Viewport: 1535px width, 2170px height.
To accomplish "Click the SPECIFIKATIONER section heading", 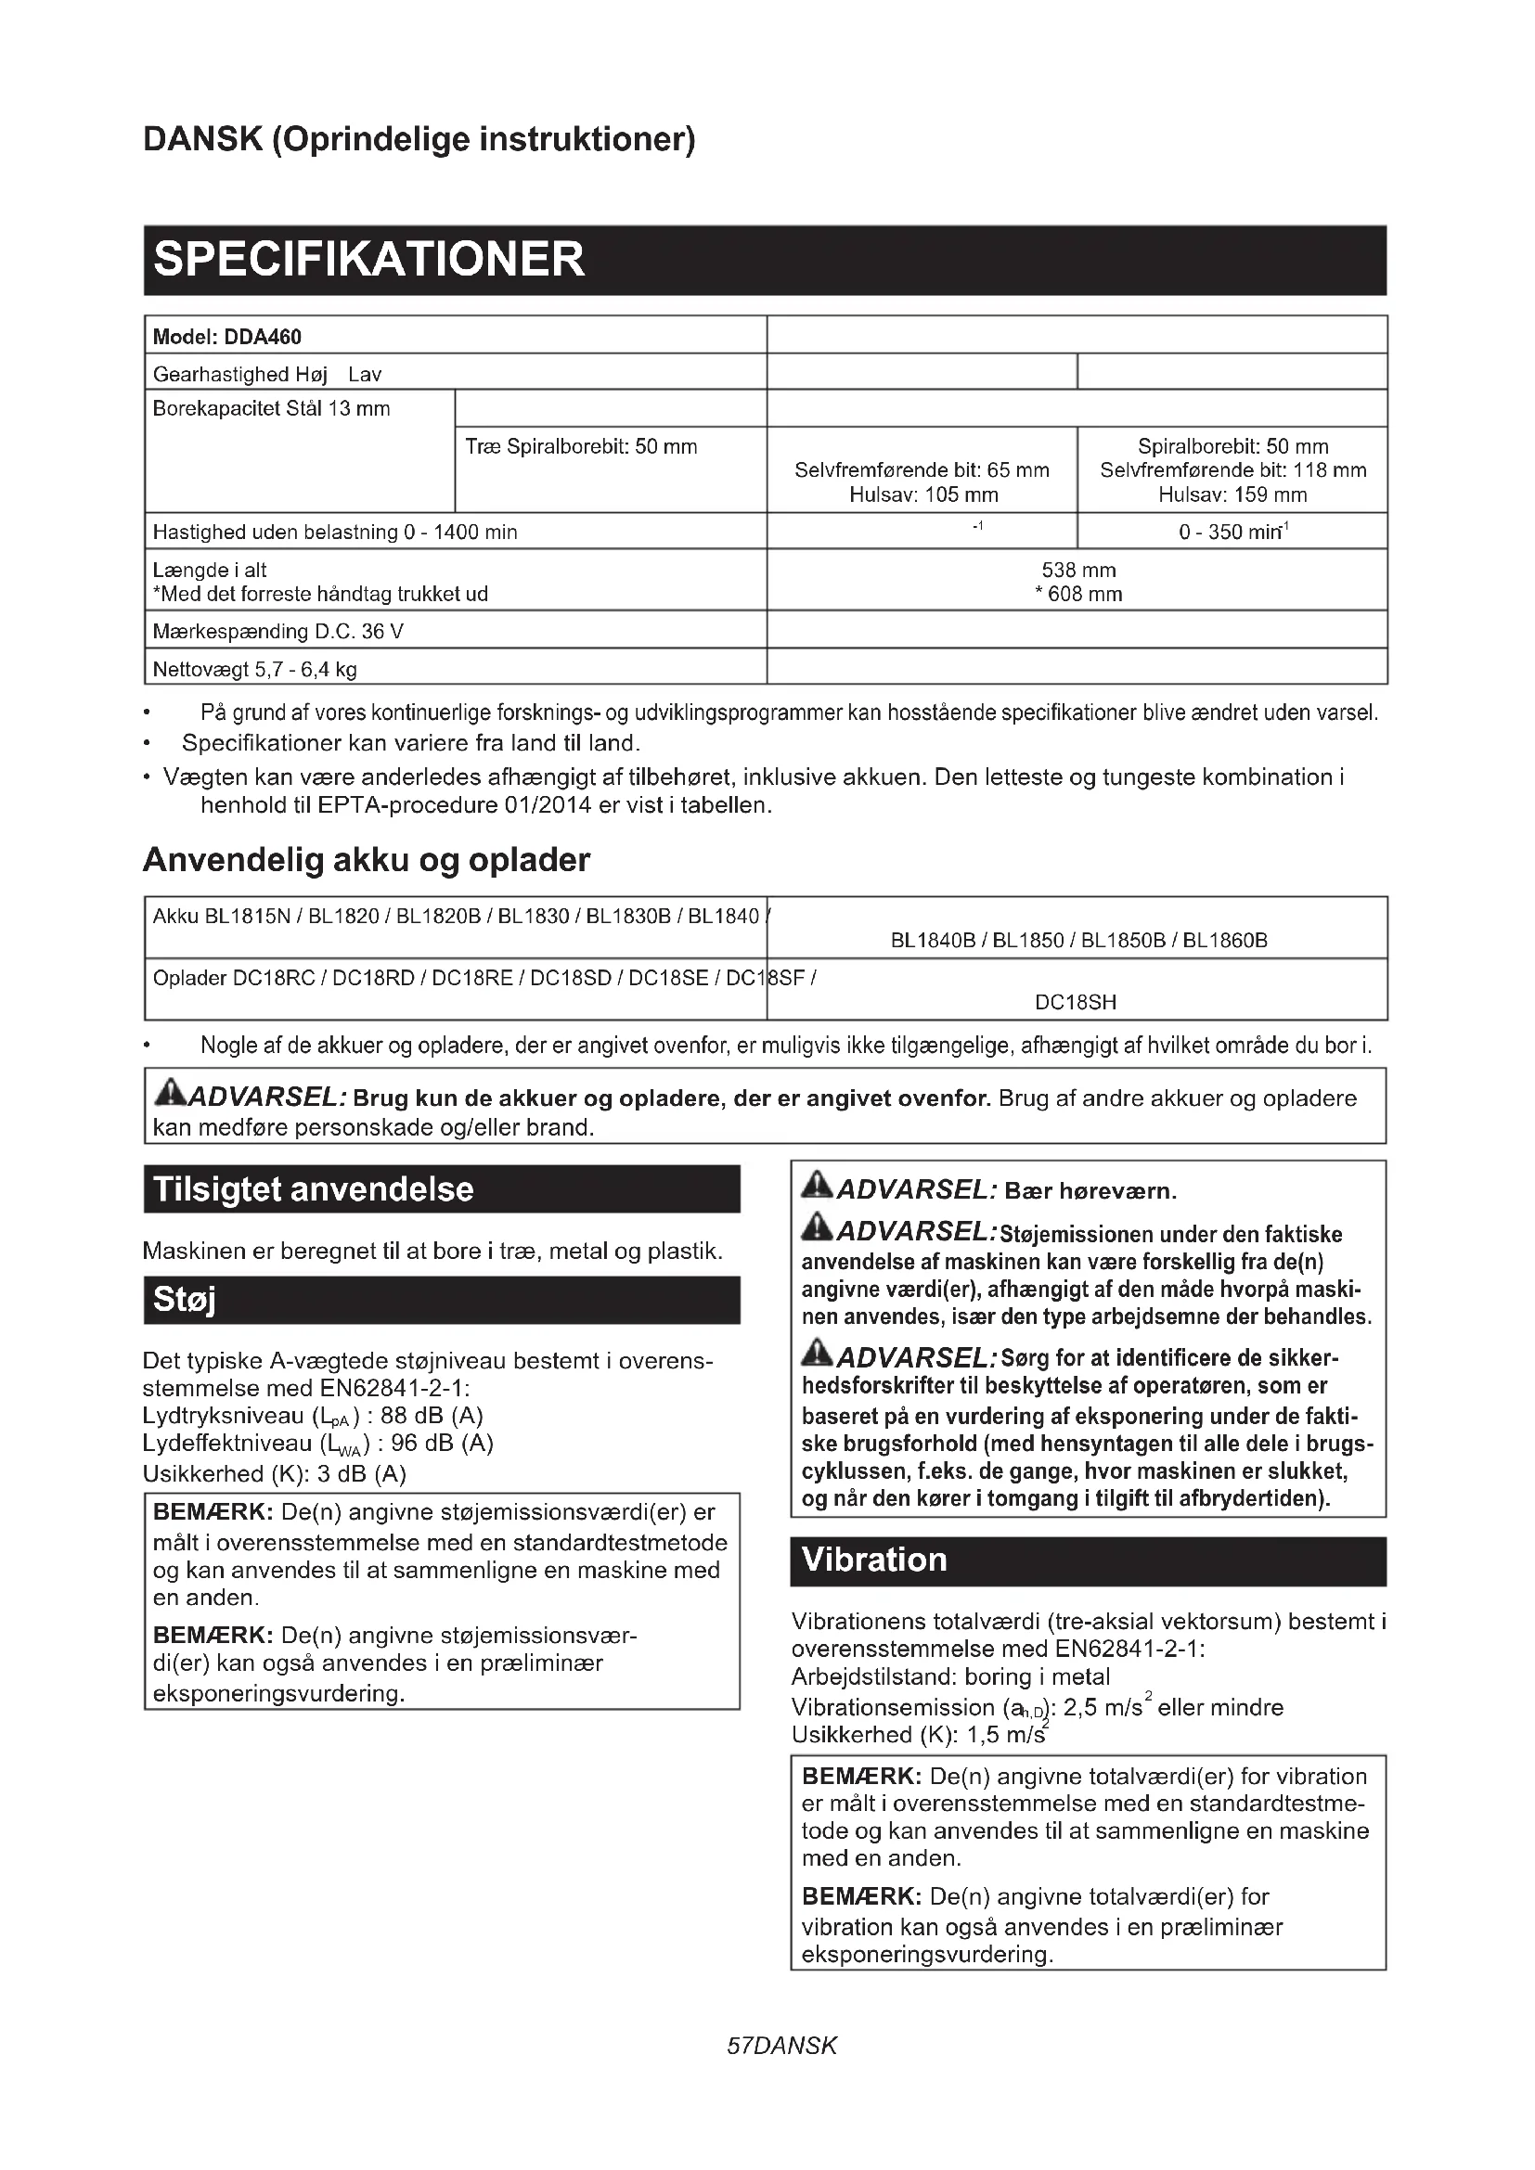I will (368, 260).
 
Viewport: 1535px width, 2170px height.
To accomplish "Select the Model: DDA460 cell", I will (226, 337).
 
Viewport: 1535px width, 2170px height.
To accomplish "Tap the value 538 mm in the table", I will (1077, 570).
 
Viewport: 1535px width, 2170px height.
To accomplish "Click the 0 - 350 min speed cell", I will (1232, 532).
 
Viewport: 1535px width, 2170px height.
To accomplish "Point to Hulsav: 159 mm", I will (1232, 494).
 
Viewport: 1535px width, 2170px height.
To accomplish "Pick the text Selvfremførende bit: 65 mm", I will (922, 469).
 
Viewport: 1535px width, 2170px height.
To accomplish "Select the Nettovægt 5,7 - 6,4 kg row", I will (255, 669).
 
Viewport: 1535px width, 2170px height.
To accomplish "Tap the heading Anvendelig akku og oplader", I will (367, 860).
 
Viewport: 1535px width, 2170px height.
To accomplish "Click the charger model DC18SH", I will (1076, 1002).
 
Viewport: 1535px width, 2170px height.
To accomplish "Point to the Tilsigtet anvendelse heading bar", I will (314, 1189).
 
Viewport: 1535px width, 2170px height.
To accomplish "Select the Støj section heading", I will (186, 1300).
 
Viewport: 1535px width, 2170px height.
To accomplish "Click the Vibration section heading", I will (874, 1560).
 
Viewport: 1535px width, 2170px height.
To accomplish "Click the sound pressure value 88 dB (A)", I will (431, 1416).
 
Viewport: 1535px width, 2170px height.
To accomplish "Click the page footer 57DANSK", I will (781, 2047).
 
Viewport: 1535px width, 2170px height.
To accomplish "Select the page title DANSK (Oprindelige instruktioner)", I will (419, 139).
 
